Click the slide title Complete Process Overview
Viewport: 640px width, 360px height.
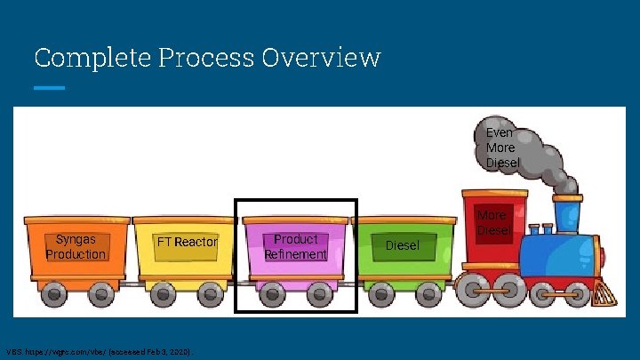(207, 59)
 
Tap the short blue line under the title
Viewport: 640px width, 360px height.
(49, 88)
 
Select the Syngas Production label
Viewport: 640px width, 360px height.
(76, 246)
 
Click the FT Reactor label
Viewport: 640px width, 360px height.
(187, 242)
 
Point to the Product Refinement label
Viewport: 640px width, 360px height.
(295, 246)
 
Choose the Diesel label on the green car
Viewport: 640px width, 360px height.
(402, 245)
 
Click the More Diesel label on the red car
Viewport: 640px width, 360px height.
(492, 223)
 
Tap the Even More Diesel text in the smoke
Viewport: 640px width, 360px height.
(502, 148)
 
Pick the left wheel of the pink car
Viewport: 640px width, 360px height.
(272, 292)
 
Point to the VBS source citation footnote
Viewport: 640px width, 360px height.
(100, 351)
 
